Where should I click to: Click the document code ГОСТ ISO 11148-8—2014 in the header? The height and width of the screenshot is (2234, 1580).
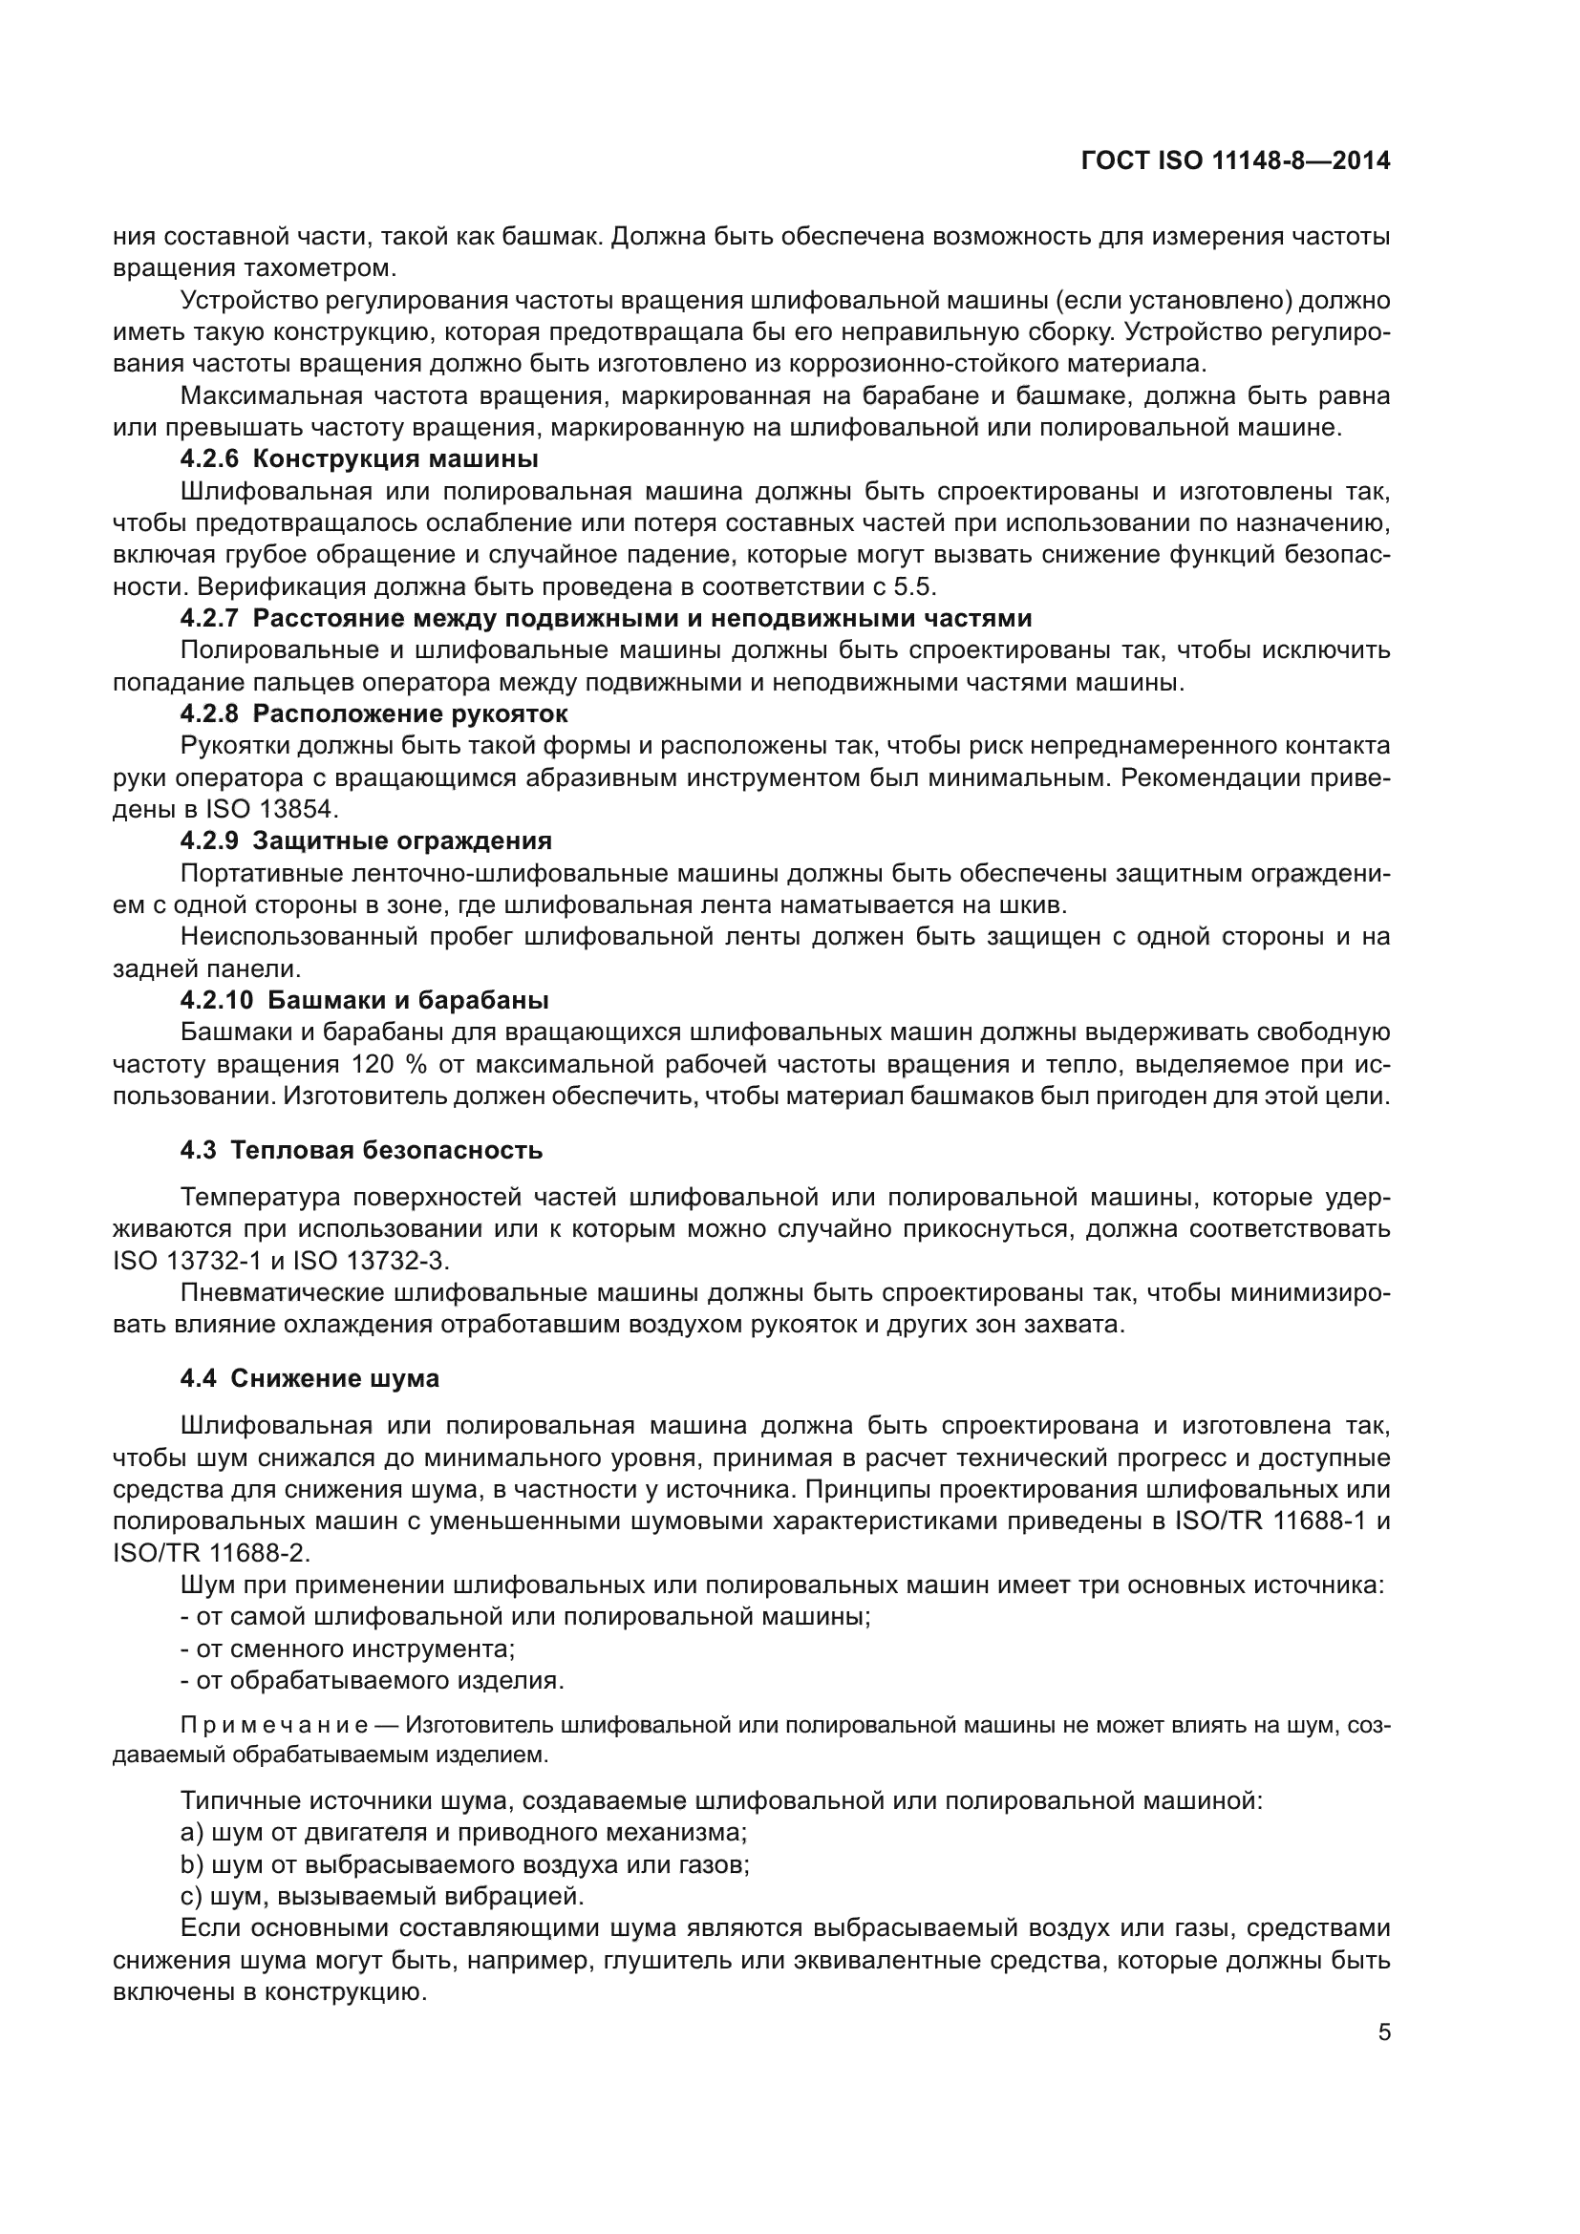1234,160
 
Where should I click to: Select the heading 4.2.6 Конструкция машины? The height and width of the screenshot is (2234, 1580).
359,458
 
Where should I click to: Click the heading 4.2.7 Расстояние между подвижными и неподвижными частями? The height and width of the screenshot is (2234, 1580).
605,618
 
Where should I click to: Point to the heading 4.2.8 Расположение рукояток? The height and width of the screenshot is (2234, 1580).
374,713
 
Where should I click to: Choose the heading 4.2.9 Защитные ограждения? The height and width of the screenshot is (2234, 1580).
366,840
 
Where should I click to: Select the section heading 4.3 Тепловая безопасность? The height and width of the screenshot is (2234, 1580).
361,1150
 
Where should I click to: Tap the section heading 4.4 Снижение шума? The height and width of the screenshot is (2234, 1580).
310,1379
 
